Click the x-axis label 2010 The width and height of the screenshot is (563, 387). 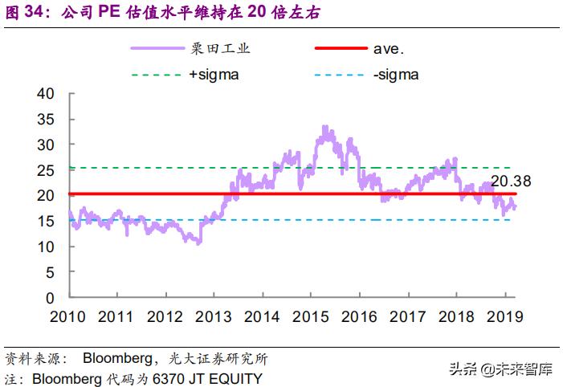pyautogui.click(x=69, y=317)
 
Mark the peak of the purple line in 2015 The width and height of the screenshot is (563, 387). pyautogui.click(x=324, y=127)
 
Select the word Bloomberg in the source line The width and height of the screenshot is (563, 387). pyautogui.click(x=116, y=358)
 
